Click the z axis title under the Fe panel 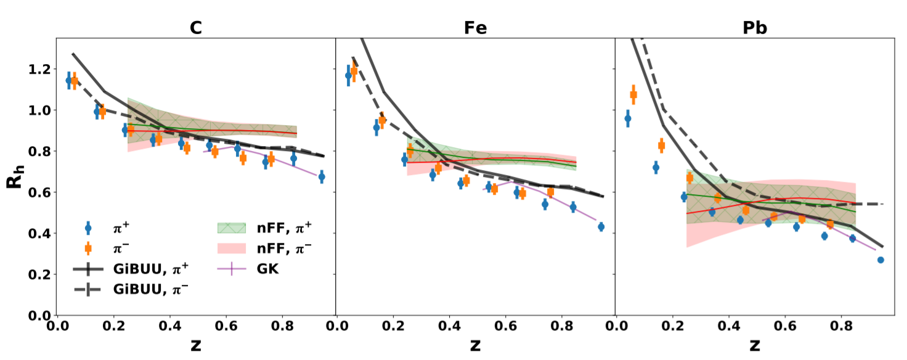[x=475, y=345]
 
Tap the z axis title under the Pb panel [x=754, y=345]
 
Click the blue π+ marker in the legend [x=88, y=228]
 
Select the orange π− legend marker [x=88, y=248]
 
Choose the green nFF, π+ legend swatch [x=231, y=228]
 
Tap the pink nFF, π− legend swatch [x=231, y=248]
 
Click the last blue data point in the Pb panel [x=881, y=260]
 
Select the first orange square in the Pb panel [x=633, y=94]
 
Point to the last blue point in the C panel [x=321, y=177]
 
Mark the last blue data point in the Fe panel [x=601, y=227]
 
